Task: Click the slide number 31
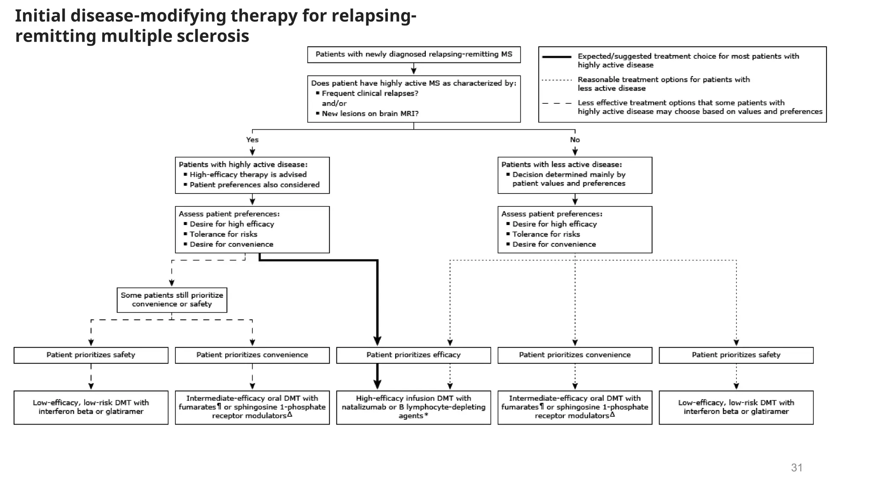click(x=797, y=467)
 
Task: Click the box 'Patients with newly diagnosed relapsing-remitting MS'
click(x=414, y=54)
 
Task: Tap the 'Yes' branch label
click(x=252, y=140)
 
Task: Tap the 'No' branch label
click(x=575, y=140)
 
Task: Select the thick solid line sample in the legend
click(x=556, y=57)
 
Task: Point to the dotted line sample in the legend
click(x=556, y=80)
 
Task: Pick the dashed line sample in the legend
click(x=556, y=103)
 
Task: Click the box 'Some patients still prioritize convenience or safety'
click(x=172, y=300)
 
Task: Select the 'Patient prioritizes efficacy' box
click(x=413, y=355)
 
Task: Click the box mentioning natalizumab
click(x=413, y=407)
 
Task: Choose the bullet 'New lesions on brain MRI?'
click(x=370, y=114)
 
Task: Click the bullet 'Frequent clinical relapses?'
click(x=370, y=93)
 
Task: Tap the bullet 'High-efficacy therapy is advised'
click(x=248, y=174)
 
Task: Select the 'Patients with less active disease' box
click(x=575, y=175)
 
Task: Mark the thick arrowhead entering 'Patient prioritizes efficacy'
click(x=377, y=341)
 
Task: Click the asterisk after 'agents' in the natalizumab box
click(x=426, y=416)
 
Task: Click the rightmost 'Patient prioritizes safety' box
click(x=736, y=355)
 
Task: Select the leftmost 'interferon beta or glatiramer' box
click(x=91, y=407)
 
